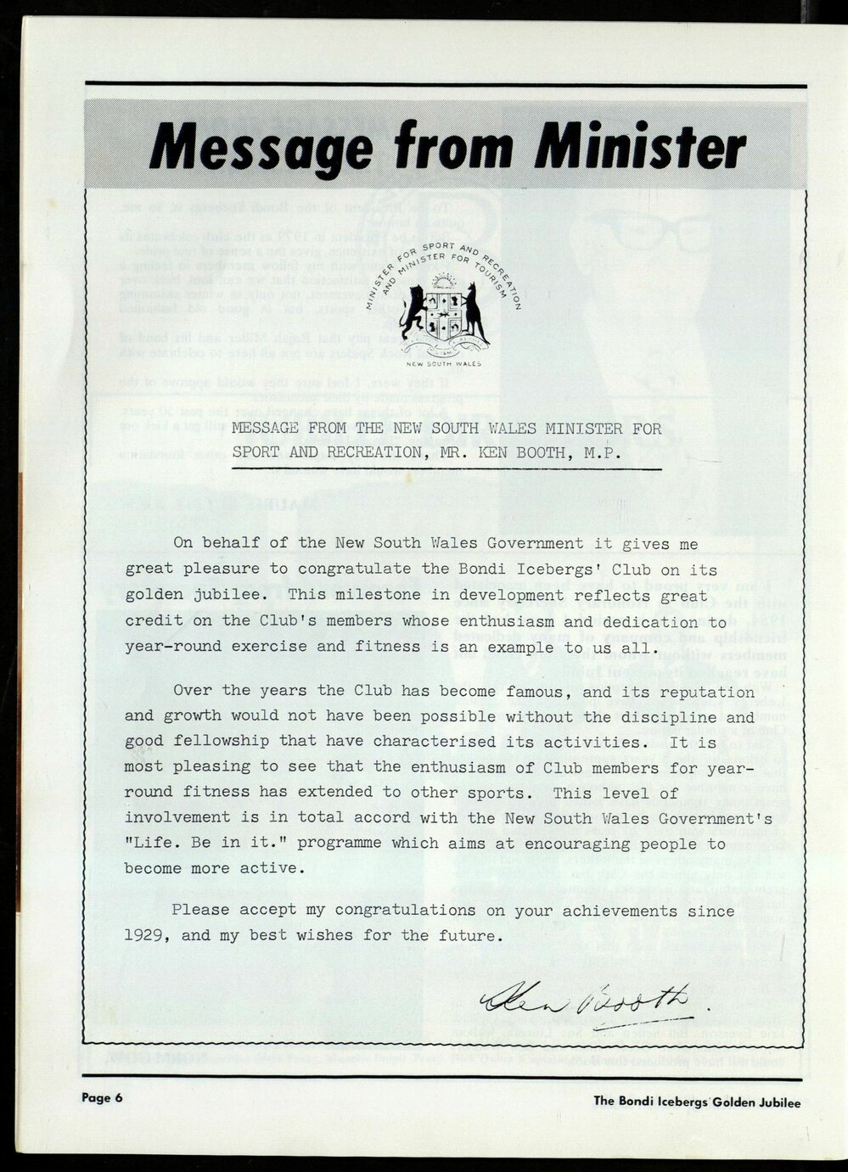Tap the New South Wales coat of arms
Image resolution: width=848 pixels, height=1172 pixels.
click(446, 316)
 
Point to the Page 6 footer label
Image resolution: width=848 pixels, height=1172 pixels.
click(103, 1097)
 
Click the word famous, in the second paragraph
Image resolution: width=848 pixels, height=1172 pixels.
click(518, 691)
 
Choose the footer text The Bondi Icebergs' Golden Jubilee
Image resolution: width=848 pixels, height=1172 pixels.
click(697, 1102)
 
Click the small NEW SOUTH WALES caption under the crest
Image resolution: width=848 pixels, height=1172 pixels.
click(444, 364)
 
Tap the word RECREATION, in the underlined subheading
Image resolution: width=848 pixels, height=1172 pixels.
click(369, 452)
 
